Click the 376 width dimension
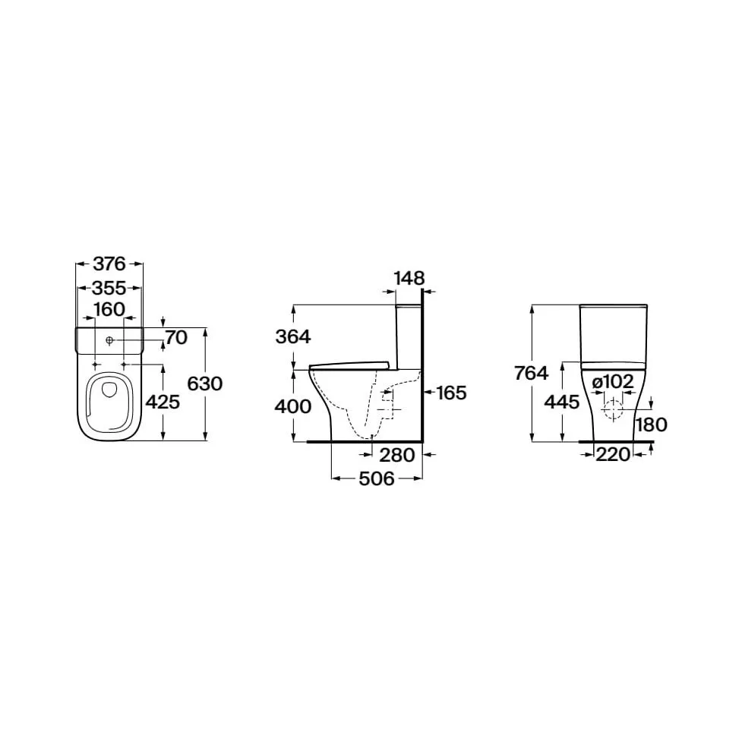(x=109, y=264)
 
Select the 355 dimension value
(x=109, y=288)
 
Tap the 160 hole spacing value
(x=109, y=309)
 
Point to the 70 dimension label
(x=176, y=337)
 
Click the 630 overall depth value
(x=204, y=384)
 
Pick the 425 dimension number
(x=163, y=403)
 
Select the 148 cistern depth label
(x=409, y=278)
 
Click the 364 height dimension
(x=293, y=337)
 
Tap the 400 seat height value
(x=293, y=406)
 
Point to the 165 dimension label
(x=451, y=393)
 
